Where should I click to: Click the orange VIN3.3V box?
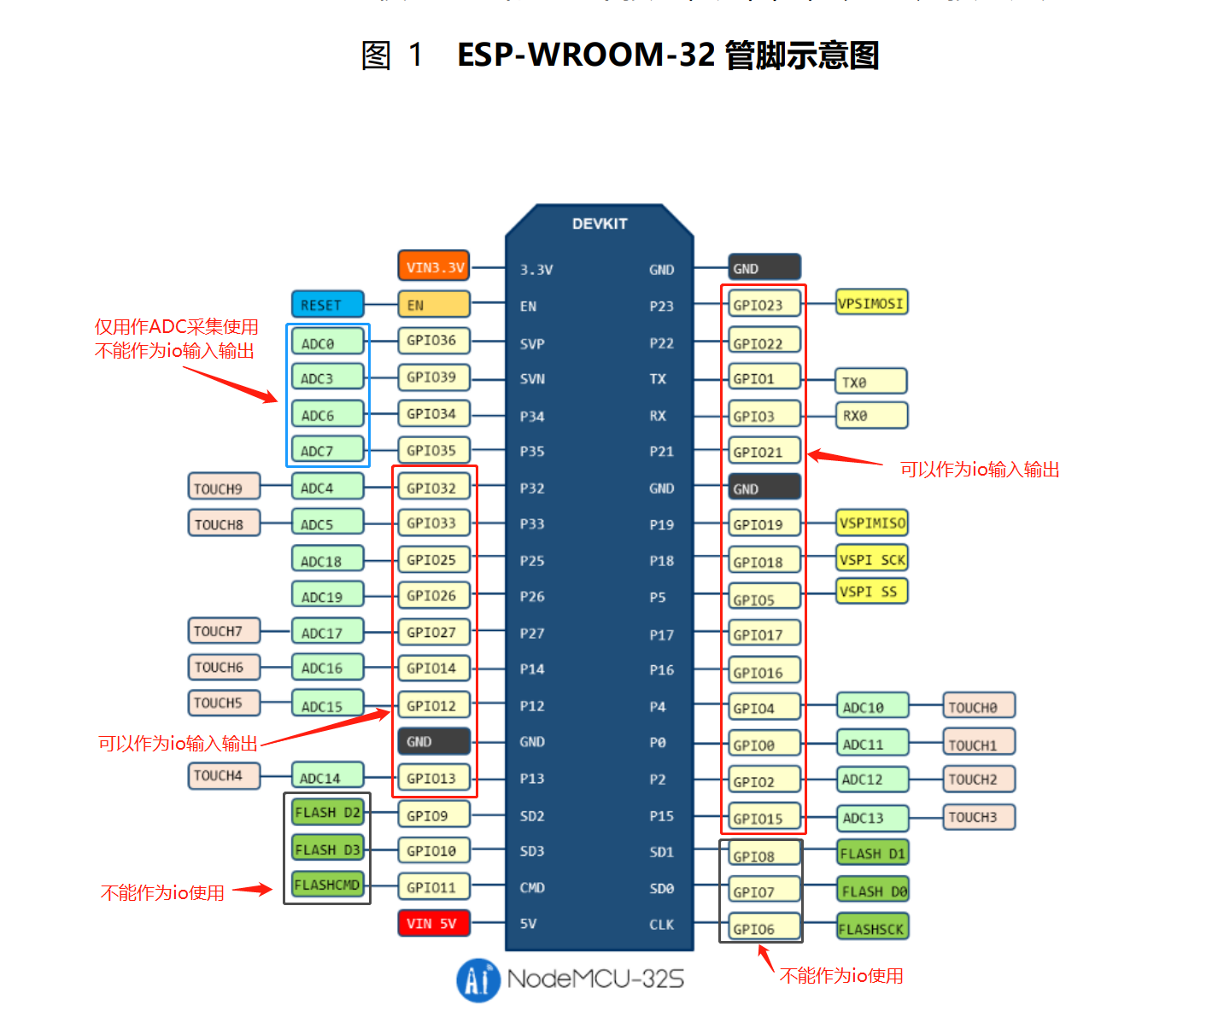434,266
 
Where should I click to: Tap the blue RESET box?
327,305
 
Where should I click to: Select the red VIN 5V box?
434,923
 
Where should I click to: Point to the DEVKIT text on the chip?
600,224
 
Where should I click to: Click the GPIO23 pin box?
764,304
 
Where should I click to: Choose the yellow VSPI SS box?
871,592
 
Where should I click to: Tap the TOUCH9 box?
224,488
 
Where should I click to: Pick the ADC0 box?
327,342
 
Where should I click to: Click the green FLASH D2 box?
327,812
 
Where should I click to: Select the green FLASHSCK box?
871,928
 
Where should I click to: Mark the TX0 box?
870,382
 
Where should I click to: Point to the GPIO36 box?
434,341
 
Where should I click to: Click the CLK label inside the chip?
661,925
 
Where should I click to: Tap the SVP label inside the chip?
532,344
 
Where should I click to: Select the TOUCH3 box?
979,817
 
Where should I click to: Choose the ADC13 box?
871,818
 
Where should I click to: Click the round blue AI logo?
478,979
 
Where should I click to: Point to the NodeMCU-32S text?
596,979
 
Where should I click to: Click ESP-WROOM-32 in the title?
586,55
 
